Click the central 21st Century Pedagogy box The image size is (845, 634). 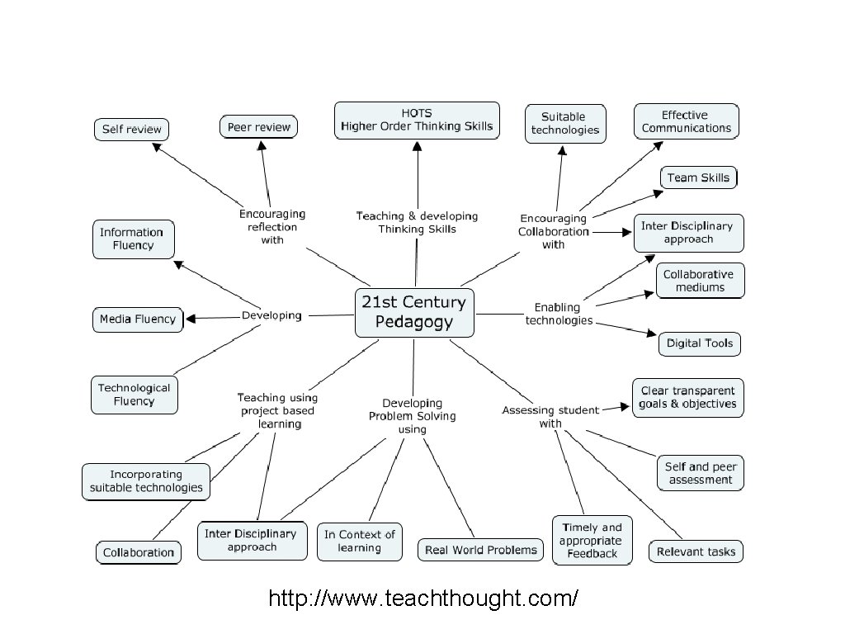click(x=414, y=312)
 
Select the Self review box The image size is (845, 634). click(x=131, y=130)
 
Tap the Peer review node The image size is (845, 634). click(x=259, y=126)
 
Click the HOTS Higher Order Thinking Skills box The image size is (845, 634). click(x=417, y=121)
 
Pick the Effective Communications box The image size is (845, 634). click(x=686, y=121)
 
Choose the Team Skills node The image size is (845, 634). click(x=698, y=177)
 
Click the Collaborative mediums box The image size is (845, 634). click(x=700, y=281)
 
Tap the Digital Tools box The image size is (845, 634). click(x=699, y=343)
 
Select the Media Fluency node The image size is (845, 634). click(x=138, y=319)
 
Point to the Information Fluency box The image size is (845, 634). click(x=133, y=239)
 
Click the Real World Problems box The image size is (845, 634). click(x=481, y=550)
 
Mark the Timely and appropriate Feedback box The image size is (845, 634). click(x=592, y=540)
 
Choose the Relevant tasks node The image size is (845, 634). click(x=696, y=551)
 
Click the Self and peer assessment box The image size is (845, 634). click(x=701, y=473)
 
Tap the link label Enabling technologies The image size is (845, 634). click(x=559, y=314)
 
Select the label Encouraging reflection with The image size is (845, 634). click(x=272, y=226)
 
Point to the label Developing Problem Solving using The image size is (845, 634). click(x=412, y=416)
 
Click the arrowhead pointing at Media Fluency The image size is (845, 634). click(x=191, y=319)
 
